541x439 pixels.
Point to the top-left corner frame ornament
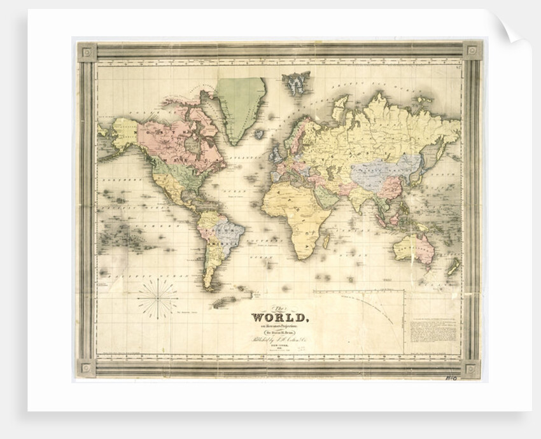tap(87, 52)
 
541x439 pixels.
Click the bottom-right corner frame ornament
tap(472, 368)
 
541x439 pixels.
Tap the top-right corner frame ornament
tap(472, 50)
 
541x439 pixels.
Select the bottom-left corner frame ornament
tap(87, 368)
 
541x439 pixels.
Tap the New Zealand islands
tap(453, 267)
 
